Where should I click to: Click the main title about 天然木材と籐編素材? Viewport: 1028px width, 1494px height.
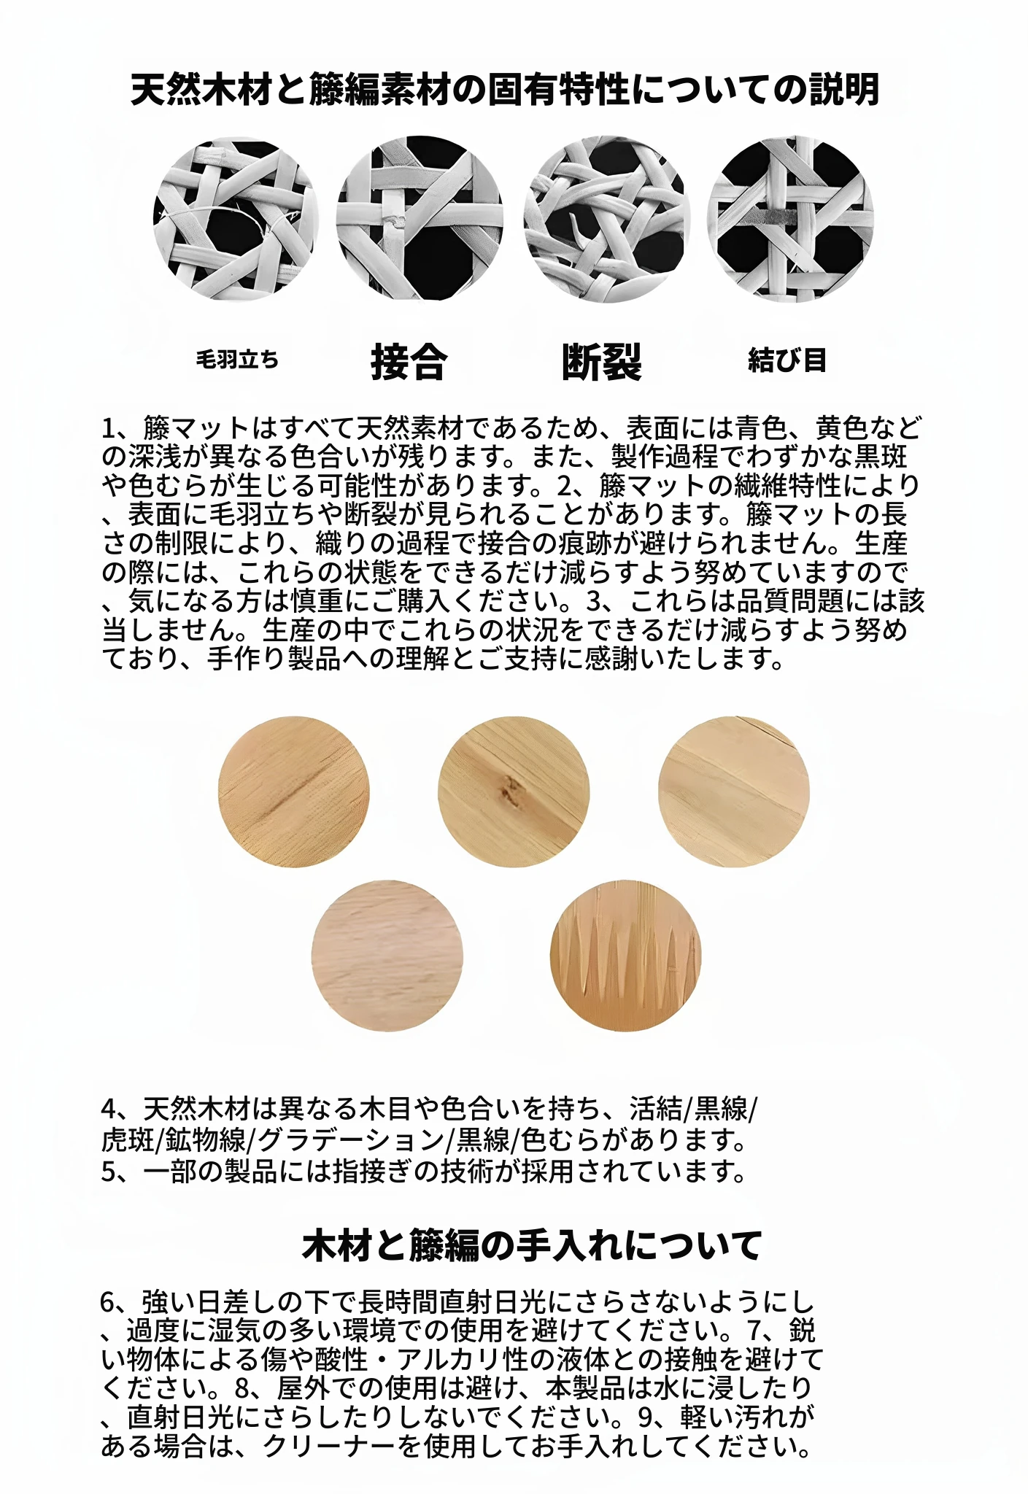(x=505, y=90)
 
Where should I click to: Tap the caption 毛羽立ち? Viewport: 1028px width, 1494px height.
(x=237, y=360)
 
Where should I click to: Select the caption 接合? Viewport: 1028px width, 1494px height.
(x=409, y=361)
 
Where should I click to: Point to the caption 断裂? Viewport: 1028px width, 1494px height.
(x=602, y=361)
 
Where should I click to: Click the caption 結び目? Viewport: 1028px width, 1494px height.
(x=787, y=360)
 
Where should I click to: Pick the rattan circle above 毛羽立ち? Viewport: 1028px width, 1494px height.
(x=236, y=220)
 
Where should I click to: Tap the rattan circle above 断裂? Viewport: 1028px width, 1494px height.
(x=606, y=220)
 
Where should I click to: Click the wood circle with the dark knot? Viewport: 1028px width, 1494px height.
(x=514, y=791)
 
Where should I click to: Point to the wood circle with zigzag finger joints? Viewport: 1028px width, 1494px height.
(x=625, y=955)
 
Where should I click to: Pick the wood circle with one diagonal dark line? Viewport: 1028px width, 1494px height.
(x=293, y=791)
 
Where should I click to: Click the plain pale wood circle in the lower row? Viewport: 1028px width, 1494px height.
(x=387, y=955)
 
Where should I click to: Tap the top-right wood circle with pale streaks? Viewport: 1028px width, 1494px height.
(x=734, y=791)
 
